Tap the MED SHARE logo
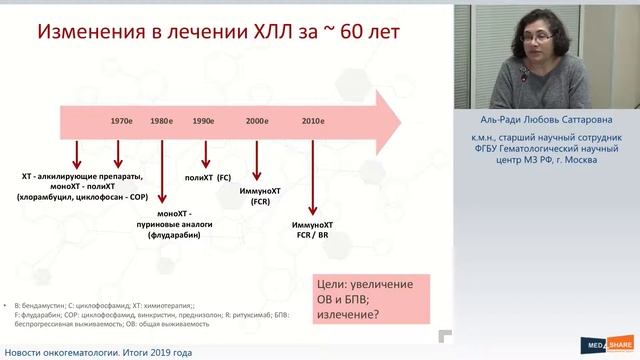click(x=599, y=347)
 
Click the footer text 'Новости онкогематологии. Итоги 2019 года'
click(x=98, y=353)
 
